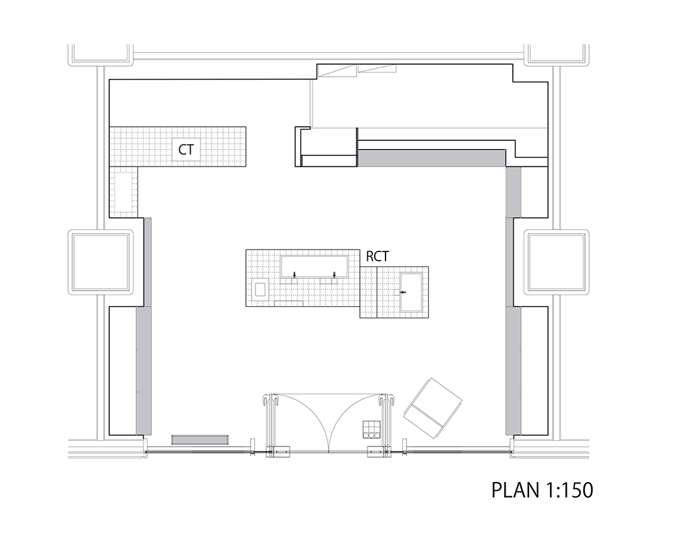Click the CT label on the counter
tap(186, 150)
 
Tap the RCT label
tap(377, 256)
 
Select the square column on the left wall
tap(100, 262)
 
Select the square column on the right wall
tap(557, 262)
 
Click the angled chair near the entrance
tap(432, 408)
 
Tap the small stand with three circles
tap(372, 430)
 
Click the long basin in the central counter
tap(314, 266)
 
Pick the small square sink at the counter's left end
tap(261, 289)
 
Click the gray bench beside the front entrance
tap(200, 440)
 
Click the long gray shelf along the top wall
tap(431, 158)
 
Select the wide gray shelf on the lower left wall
tap(144, 370)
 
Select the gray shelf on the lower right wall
tap(513, 370)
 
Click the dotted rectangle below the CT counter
tap(123, 191)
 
